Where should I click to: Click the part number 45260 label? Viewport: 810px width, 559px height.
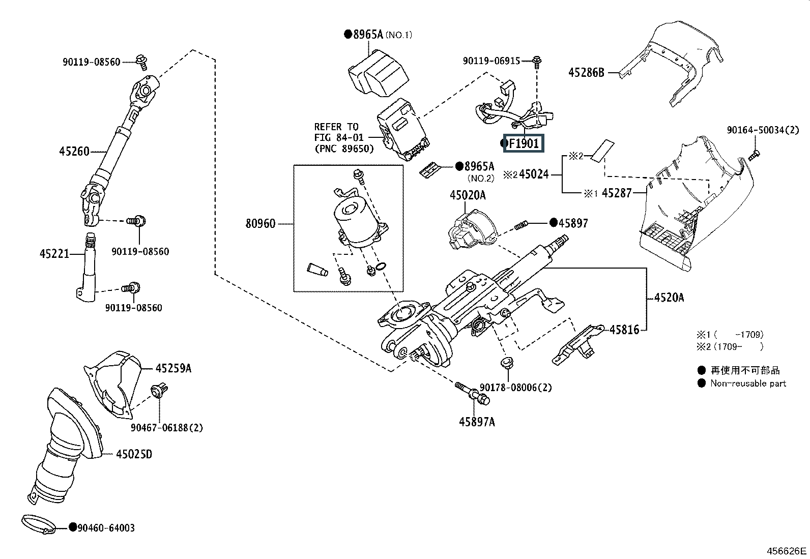(74, 151)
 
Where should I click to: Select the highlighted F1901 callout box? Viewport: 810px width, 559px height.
(524, 143)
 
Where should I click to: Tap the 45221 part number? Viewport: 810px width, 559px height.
(54, 253)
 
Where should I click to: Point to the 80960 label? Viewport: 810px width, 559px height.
(260, 223)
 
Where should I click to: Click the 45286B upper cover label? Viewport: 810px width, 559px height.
(586, 73)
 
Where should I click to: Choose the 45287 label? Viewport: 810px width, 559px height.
(617, 193)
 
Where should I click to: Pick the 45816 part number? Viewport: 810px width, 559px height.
(624, 330)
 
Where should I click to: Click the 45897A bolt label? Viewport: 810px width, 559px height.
(477, 422)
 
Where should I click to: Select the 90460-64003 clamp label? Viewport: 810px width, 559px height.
(106, 528)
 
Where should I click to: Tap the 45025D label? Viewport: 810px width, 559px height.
(134, 454)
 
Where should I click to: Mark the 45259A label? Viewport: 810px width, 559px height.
(173, 368)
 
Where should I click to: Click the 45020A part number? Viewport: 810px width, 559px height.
(468, 195)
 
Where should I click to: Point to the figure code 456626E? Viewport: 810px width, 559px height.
(786, 551)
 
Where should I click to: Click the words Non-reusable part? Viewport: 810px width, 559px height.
(748, 384)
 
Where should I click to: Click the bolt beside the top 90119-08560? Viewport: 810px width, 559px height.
(142, 63)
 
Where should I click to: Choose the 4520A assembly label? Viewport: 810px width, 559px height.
(669, 298)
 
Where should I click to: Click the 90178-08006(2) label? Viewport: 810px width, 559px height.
(515, 388)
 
